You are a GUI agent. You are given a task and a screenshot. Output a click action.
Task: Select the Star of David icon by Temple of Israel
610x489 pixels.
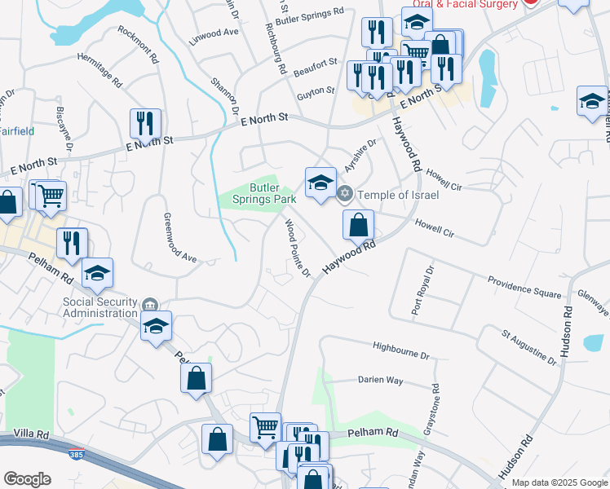click(345, 194)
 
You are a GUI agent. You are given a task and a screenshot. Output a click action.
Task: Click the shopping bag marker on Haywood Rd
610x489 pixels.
click(358, 226)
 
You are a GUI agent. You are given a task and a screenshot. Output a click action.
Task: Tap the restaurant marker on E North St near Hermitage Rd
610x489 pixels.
click(145, 124)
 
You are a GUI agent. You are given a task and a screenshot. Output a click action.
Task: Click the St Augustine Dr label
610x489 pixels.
click(530, 346)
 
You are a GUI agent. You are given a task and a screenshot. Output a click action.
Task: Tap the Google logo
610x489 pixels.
click(27, 479)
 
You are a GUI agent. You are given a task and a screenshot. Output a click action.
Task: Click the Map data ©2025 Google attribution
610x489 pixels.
click(559, 482)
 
